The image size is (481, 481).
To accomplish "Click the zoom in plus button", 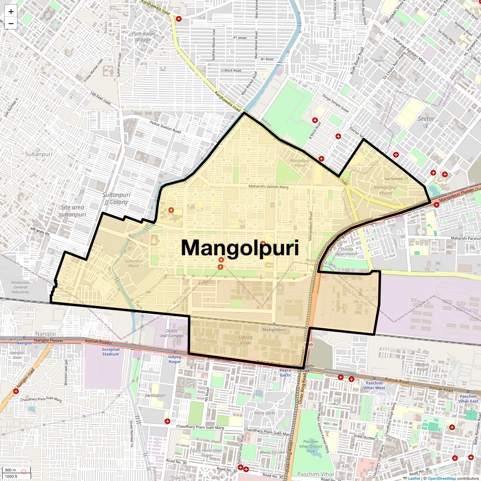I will [x=11, y=12].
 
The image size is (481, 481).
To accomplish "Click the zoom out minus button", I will [x=11, y=24].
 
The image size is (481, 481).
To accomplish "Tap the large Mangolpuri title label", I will [x=240, y=248].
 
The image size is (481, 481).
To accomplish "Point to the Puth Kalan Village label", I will [x=143, y=36].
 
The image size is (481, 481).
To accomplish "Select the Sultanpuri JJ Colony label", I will [x=116, y=198].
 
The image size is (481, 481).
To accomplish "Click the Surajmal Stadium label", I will [x=111, y=352].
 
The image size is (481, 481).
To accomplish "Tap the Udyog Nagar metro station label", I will [x=174, y=359].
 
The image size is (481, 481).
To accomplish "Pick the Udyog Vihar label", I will [x=245, y=340].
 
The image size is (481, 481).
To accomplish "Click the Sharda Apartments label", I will [x=346, y=251].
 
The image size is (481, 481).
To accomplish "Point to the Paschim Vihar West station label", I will [x=374, y=385].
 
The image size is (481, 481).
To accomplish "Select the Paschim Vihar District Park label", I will [x=311, y=446].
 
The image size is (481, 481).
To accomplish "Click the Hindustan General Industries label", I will [x=20, y=287].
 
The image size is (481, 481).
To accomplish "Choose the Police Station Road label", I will [x=166, y=127].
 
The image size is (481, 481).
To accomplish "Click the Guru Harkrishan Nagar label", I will [x=207, y=453].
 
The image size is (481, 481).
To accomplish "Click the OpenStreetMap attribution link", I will [x=441, y=478].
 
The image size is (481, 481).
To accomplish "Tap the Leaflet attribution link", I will [x=414, y=478].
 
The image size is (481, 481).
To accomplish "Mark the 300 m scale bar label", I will [x=11, y=470].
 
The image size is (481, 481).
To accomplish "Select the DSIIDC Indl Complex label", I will [x=172, y=333].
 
